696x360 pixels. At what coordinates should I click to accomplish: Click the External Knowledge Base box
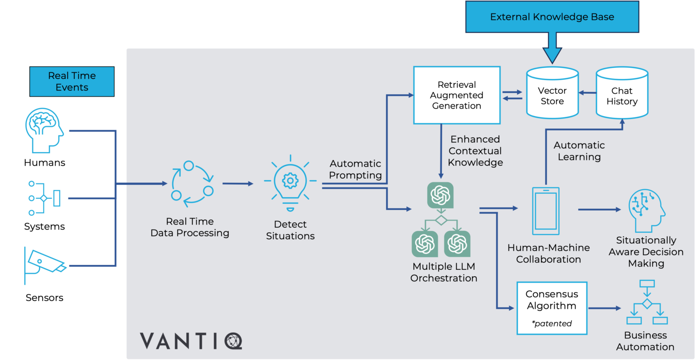point(552,17)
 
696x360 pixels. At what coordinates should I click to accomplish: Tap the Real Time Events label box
point(72,82)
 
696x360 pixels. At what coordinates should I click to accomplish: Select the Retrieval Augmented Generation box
point(457,95)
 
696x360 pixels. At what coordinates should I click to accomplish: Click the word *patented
point(552,323)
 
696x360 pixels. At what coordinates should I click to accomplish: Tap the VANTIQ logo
point(191,341)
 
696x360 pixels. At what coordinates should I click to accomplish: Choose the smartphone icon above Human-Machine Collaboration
point(546,211)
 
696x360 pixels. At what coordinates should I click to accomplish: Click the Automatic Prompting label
point(355,169)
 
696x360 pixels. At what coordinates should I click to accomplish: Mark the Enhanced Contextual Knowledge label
point(475,151)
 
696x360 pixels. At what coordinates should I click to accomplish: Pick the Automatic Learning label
point(579,151)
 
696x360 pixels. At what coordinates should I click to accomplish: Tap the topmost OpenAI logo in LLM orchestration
point(440,195)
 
